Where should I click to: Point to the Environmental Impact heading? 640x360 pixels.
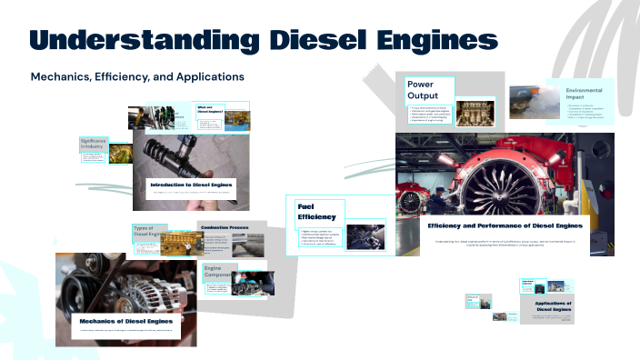[585, 97]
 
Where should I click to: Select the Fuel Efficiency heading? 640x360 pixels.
[316, 212]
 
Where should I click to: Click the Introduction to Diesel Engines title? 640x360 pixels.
[192, 185]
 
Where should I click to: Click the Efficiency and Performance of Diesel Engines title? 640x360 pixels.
[505, 225]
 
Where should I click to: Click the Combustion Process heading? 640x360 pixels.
[225, 227]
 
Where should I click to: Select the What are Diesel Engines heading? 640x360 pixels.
[211, 110]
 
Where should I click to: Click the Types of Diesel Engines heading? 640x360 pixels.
[149, 233]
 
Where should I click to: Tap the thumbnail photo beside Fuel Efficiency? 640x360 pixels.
[367, 235]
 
